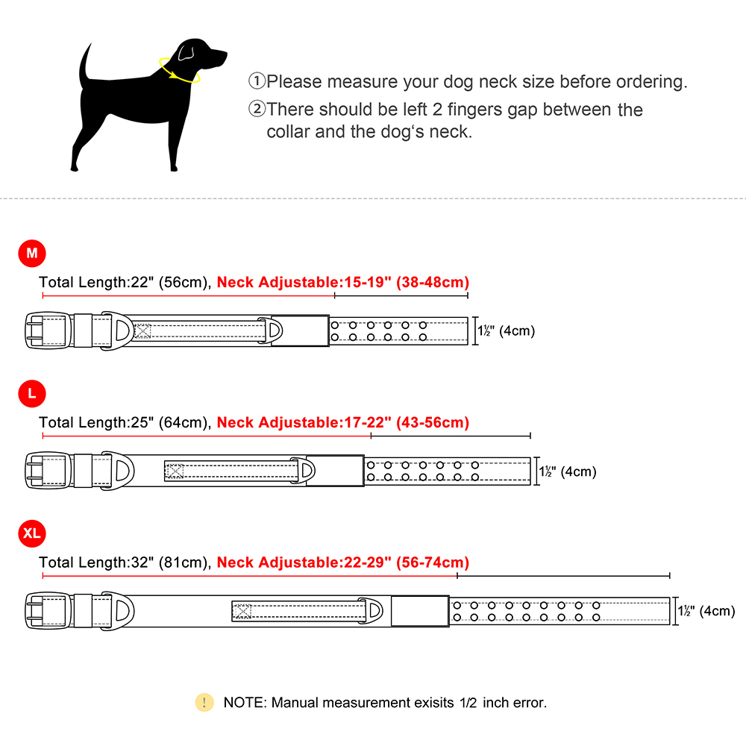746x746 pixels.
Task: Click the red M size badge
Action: coord(32,254)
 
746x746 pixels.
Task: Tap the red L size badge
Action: coord(32,393)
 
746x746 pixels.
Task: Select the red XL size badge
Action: coord(32,533)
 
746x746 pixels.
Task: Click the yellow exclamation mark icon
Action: coord(204,702)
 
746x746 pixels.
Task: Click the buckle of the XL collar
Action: coord(46,611)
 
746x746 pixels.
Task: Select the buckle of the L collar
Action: coord(46,471)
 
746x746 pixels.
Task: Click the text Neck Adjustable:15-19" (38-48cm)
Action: coord(343,282)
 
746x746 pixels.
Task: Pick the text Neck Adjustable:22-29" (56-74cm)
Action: coord(343,562)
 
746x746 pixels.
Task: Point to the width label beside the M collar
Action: coord(507,330)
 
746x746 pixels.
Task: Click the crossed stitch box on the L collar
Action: coord(175,471)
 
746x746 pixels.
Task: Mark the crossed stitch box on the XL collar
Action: coord(242,611)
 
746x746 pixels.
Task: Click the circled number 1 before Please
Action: coord(257,81)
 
